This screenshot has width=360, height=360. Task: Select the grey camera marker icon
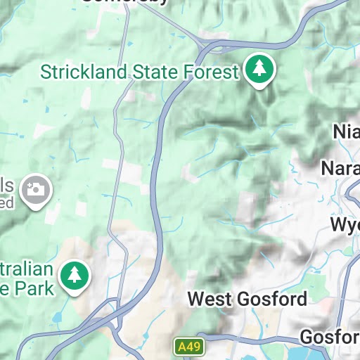(33, 191)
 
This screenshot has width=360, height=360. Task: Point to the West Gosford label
(247, 299)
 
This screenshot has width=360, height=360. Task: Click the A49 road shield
(184, 347)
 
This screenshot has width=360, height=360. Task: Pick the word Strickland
(82, 71)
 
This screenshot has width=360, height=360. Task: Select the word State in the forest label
(154, 71)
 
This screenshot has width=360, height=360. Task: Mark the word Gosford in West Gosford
(271, 299)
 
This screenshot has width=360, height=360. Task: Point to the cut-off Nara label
(340, 169)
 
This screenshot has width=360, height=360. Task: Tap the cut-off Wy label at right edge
(345, 226)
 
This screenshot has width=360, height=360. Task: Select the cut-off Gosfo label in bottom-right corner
(329, 335)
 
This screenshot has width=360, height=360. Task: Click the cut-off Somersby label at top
(125, 2)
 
